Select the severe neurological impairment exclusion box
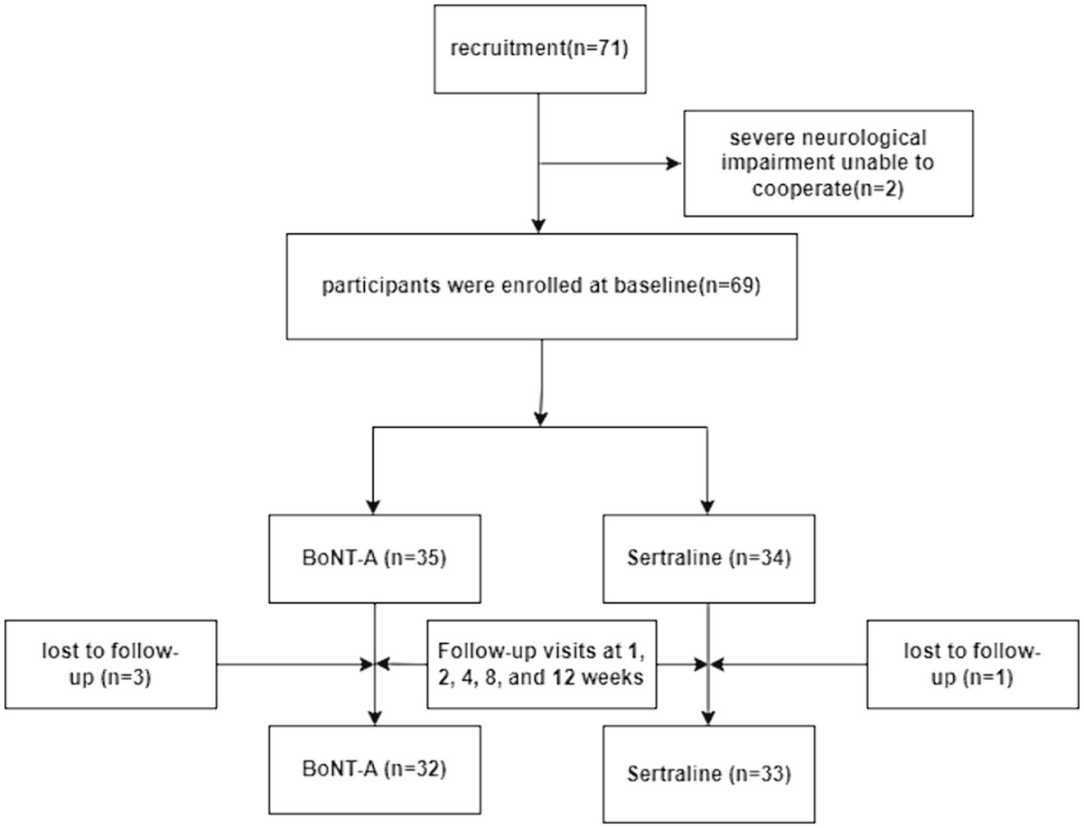pos(827,164)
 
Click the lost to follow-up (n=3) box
pos(109,665)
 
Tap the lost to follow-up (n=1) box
pos(973,665)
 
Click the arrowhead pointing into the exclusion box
pos(672,164)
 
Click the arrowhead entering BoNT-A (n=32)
pos(374,718)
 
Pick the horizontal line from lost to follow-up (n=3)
pos(289,665)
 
